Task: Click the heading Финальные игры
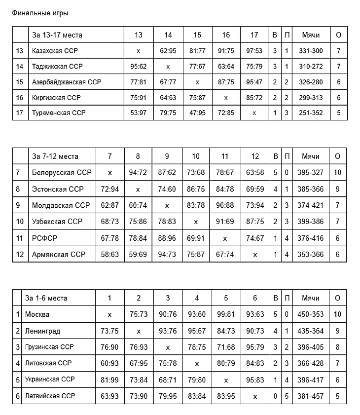click(40, 13)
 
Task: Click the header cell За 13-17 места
click(57, 35)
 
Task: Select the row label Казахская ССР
click(55, 50)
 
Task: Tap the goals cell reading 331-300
click(311, 50)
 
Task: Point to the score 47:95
click(197, 113)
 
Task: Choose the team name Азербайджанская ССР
click(66, 82)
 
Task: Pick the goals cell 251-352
click(311, 113)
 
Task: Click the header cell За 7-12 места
click(55, 156)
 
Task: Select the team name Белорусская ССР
click(62, 173)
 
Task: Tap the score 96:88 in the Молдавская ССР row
click(225, 205)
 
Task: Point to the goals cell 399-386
click(311, 222)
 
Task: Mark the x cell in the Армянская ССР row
click(255, 255)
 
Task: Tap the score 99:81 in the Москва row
click(226, 314)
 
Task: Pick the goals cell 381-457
click(311, 396)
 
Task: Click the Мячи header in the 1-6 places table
click(311, 298)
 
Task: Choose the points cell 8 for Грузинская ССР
click(338, 347)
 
